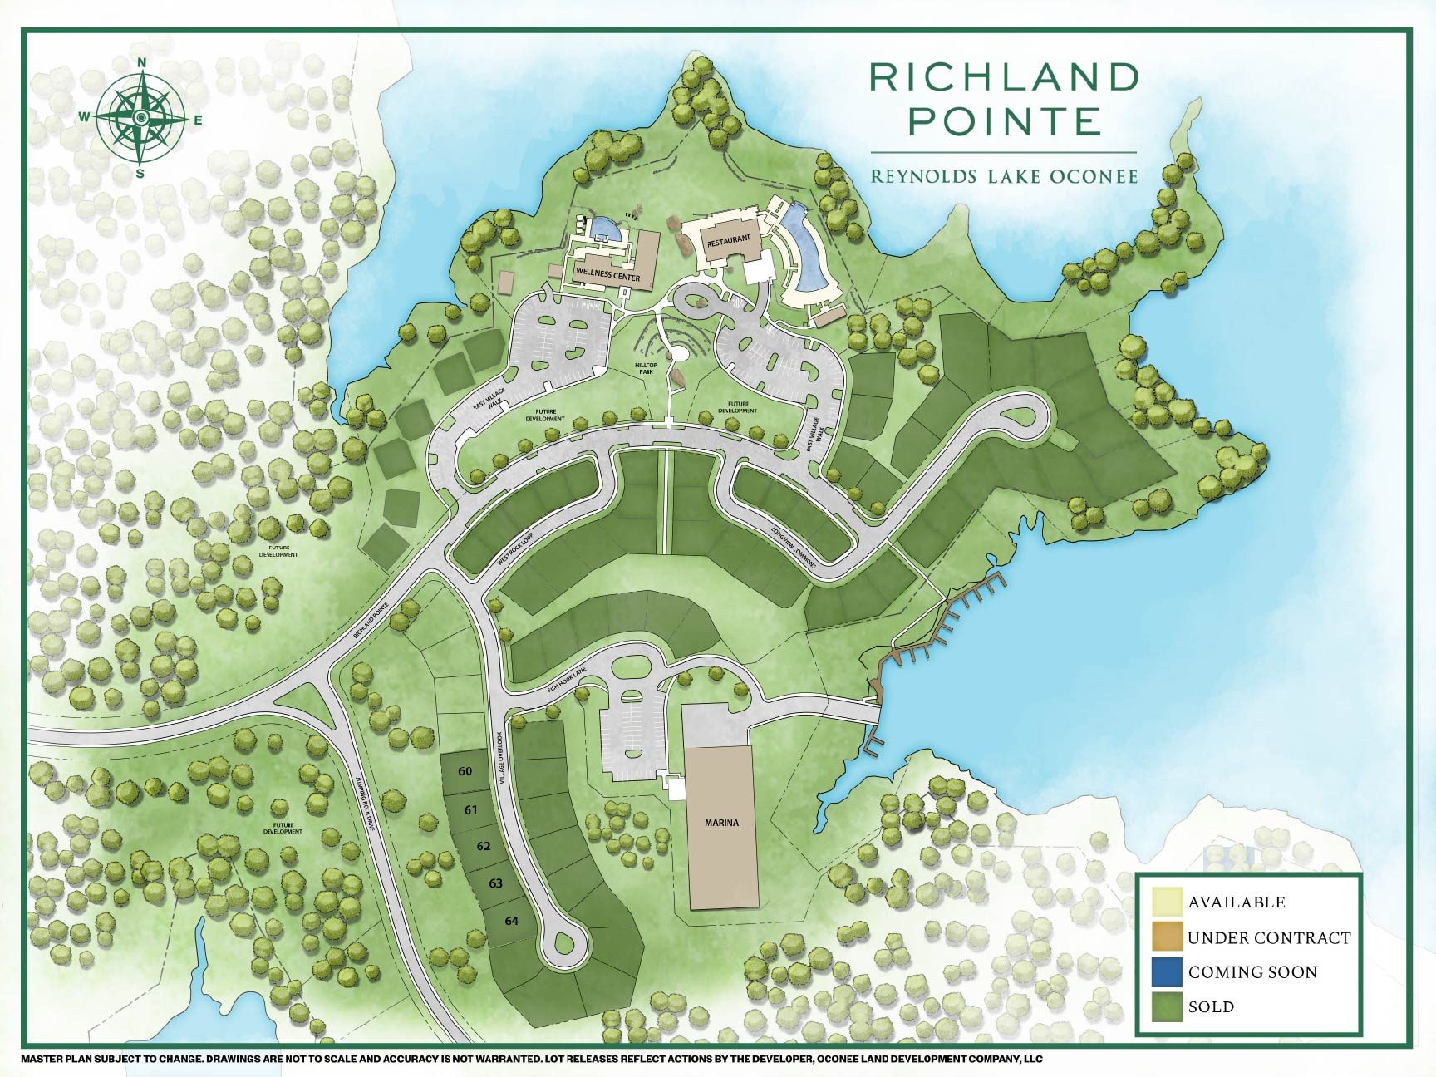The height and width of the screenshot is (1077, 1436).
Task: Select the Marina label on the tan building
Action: (x=721, y=823)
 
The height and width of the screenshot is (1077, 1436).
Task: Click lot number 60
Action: (x=465, y=771)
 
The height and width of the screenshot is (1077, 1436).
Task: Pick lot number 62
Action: (x=484, y=846)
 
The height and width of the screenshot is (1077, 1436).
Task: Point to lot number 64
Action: (x=511, y=921)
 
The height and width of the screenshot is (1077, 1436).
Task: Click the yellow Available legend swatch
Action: (x=1166, y=902)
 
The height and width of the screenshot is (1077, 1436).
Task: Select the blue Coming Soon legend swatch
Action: (x=1166, y=971)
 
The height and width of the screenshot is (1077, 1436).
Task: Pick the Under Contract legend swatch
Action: (x=1166, y=937)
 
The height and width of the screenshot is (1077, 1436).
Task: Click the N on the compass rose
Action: (x=142, y=62)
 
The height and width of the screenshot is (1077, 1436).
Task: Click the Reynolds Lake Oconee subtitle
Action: (x=1003, y=176)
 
